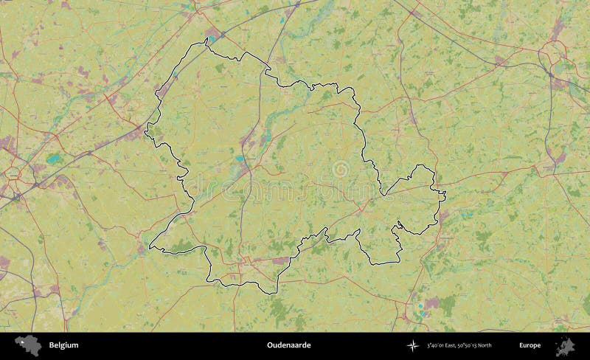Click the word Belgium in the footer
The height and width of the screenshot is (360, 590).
[63, 345]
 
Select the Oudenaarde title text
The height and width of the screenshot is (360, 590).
[288, 345]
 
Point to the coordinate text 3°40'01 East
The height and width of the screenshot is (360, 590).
[441, 345]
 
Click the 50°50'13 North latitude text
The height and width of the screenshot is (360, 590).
[475, 345]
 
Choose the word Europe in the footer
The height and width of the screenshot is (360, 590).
[529, 345]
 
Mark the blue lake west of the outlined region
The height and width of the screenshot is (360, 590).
[52, 158]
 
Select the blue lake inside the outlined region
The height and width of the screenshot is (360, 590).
[240, 158]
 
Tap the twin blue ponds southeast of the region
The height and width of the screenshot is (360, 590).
[420, 308]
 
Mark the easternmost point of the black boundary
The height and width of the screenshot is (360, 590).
[445, 194]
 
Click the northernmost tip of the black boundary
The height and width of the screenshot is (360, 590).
[206, 41]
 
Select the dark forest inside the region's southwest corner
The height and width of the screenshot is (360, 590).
[181, 245]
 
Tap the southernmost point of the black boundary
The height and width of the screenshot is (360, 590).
[277, 294]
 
